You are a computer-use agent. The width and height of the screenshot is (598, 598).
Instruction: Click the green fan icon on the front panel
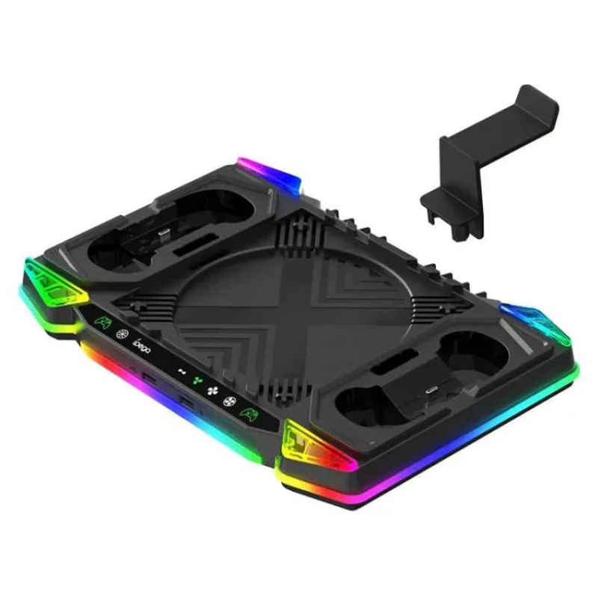click(x=197, y=380)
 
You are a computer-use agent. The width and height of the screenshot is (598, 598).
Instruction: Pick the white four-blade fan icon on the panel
click(x=213, y=389)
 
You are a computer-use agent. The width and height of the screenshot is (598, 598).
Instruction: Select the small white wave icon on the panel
click(x=179, y=370)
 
